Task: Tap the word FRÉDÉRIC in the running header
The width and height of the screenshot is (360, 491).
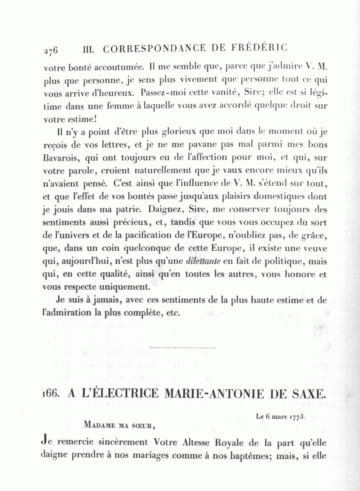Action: tap(259, 48)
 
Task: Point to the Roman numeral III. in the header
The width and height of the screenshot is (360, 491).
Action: tap(88, 49)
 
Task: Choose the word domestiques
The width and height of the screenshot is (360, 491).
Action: tap(272, 196)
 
